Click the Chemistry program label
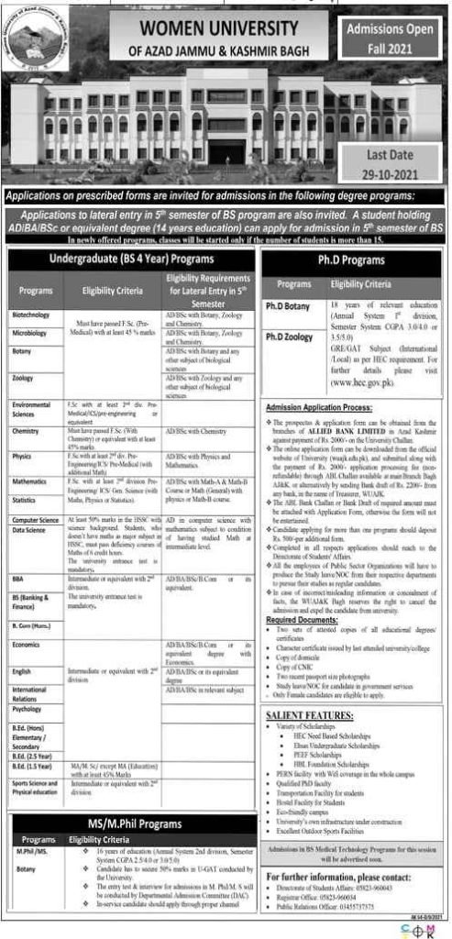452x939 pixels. click(x=28, y=429)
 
